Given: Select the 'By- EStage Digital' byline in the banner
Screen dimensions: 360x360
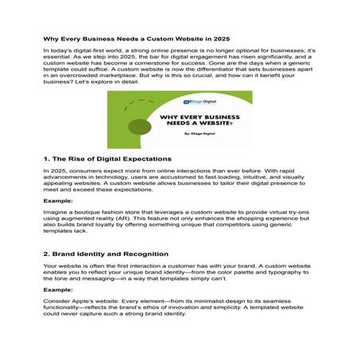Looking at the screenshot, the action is pos(198,137).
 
